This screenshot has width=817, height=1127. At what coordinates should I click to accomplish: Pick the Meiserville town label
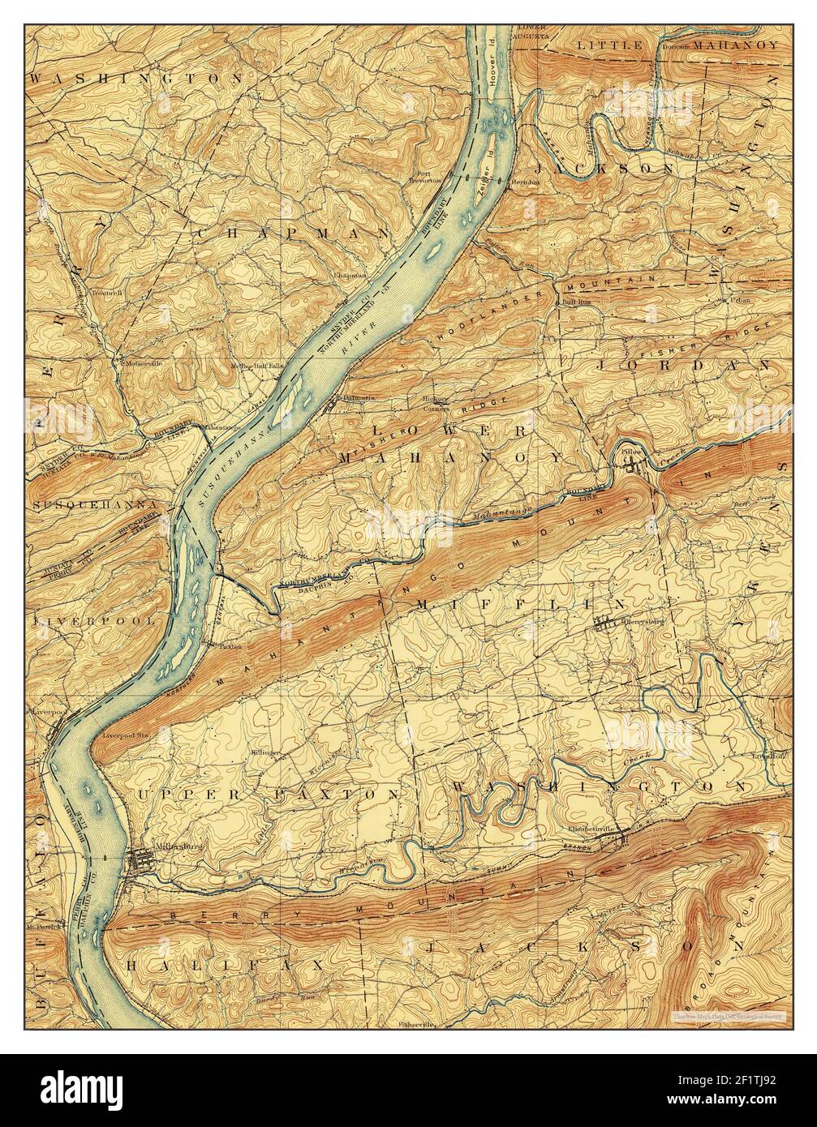143,363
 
